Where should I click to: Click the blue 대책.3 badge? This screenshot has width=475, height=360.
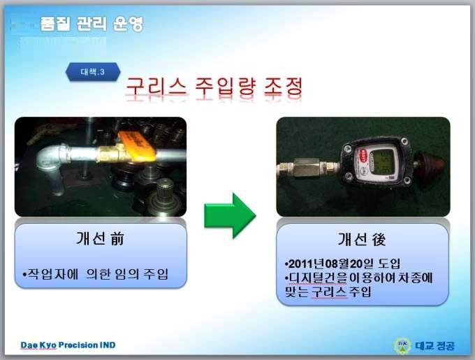93,72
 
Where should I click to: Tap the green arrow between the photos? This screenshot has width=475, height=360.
231,215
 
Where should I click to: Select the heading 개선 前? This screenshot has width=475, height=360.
101,238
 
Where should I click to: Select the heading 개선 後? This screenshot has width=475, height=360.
362,239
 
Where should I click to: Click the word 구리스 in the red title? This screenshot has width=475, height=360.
156,87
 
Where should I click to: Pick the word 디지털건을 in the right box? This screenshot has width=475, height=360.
318,278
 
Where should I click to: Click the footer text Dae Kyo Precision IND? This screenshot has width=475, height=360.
68,345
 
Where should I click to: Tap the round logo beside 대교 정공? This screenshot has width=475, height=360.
402,345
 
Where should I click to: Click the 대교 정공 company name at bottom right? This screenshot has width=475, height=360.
435,345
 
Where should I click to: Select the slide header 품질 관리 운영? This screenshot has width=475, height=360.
92,24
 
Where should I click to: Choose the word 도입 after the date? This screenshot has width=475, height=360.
389,264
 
